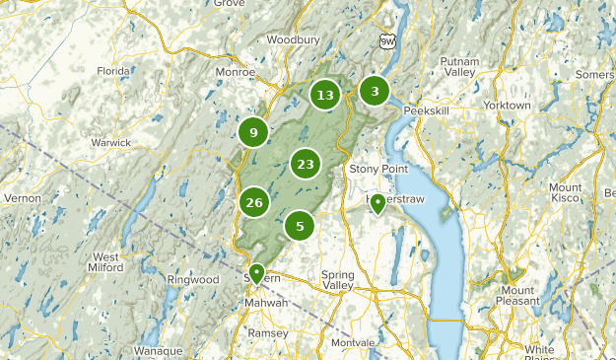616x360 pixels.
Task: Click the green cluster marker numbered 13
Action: click(325, 95)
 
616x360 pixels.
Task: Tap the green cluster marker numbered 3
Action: click(374, 91)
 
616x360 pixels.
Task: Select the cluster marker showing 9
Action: click(254, 132)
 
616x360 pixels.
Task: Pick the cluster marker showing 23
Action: click(306, 164)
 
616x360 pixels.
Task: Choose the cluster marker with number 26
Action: click(254, 202)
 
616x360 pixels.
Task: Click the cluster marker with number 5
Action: click(300, 226)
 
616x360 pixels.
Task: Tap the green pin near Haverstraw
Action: click(376, 203)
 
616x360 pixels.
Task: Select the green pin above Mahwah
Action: click(256, 272)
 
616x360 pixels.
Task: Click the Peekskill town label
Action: click(426, 111)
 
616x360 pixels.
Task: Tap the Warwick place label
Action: click(111, 142)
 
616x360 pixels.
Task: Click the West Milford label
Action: click(105, 262)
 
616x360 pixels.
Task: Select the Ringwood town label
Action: click(193, 280)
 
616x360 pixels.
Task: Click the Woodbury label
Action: click(293, 40)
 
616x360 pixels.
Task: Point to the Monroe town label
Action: click(237, 72)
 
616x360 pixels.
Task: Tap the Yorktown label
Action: click(507, 105)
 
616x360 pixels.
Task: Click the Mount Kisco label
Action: click(565, 192)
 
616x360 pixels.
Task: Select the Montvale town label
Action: click(353, 341)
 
